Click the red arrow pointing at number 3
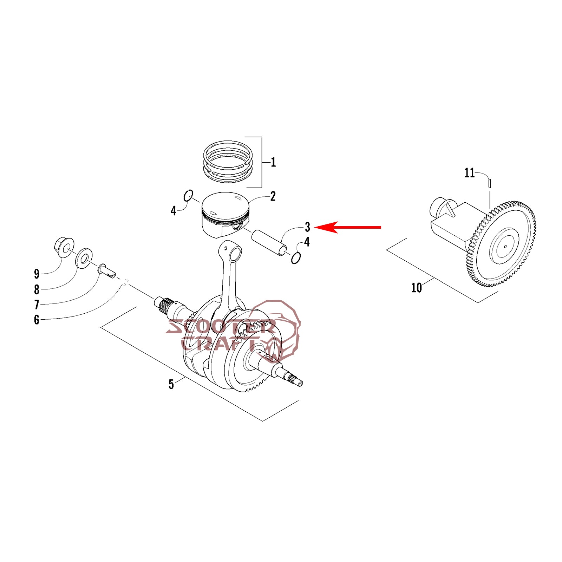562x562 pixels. click(x=347, y=227)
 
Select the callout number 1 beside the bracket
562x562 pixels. click(x=273, y=162)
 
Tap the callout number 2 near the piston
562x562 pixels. click(x=273, y=196)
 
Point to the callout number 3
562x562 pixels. click(x=307, y=227)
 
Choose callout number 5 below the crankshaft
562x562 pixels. click(x=171, y=384)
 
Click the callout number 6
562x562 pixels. click(x=37, y=320)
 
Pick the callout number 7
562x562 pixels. click(x=37, y=305)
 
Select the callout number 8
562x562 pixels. click(x=37, y=289)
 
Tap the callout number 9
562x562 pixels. click(x=37, y=274)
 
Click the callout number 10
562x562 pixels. click(x=416, y=288)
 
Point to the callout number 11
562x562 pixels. click(x=469, y=173)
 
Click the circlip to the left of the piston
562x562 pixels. click(x=189, y=196)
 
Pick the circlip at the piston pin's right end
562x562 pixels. click(x=296, y=258)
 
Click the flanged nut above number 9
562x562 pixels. click(x=64, y=247)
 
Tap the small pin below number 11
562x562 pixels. click(x=490, y=183)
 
